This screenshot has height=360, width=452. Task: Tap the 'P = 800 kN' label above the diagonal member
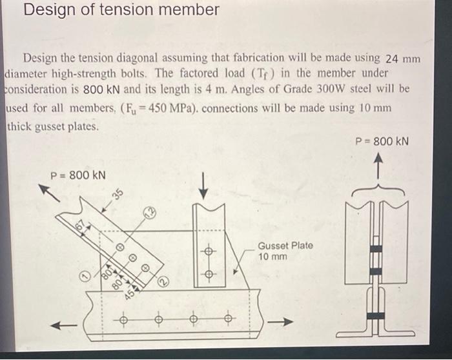point(78,175)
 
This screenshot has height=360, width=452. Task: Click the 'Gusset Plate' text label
point(285,246)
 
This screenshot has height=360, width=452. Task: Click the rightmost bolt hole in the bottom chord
point(227,317)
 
